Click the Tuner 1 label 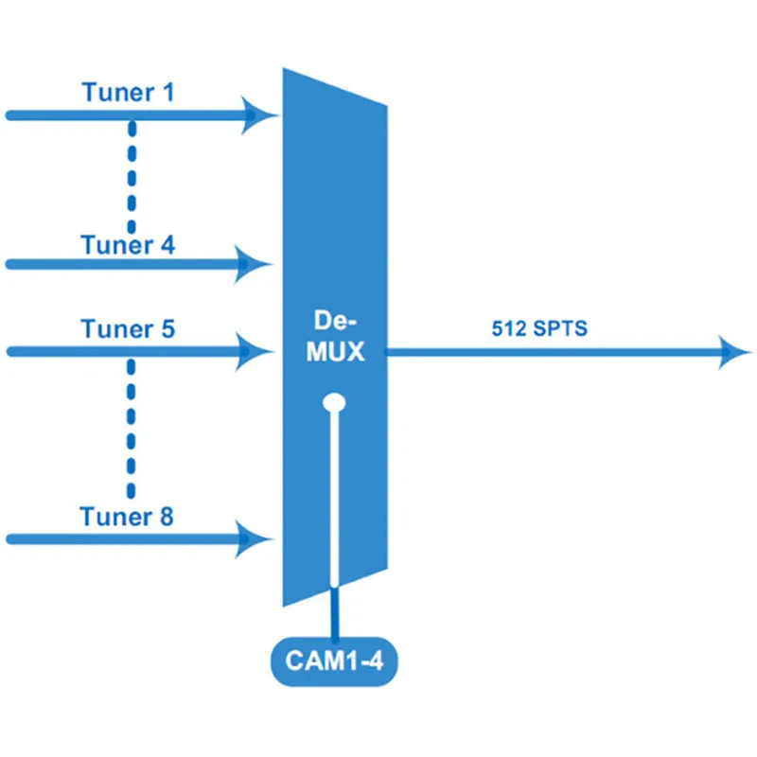(x=128, y=93)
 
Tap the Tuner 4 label (x=128, y=245)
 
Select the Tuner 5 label (x=128, y=329)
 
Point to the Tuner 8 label (x=128, y=517)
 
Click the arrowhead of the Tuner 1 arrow (x=257, y=115)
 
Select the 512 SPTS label (x=539, y=329)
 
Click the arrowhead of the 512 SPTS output (x=736, y=352)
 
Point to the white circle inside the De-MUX (x=333, y=404)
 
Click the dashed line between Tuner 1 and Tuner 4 (x=132, y=175)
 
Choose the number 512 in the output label (x=509, y=329)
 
